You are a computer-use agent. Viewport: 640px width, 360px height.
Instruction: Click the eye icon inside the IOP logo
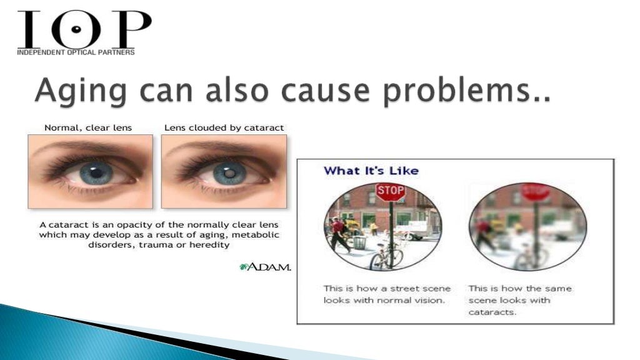click(76, 29)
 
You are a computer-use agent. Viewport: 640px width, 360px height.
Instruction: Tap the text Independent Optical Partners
click(76, 52)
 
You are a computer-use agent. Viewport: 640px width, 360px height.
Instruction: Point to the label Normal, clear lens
click(88, 127)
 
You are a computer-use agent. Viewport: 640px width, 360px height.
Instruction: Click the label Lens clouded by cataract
click(224, 127)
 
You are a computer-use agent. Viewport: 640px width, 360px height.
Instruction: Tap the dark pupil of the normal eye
click(96, 171)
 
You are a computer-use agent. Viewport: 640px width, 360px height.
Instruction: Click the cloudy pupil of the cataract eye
click(230, 171)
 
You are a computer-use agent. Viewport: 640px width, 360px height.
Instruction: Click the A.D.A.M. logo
click(265, 267)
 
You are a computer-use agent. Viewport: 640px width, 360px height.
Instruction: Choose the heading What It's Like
click(371, 171)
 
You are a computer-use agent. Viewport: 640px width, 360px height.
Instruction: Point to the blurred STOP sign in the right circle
click(535, 192)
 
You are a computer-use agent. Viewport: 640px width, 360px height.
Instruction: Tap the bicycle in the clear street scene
click(386, 255)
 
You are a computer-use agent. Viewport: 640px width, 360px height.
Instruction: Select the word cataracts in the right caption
click(492, 312)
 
